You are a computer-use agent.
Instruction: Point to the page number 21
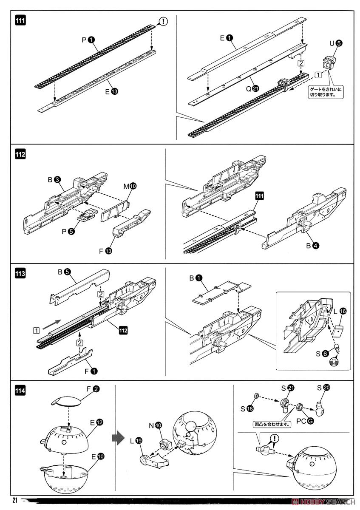click(15, 500)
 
